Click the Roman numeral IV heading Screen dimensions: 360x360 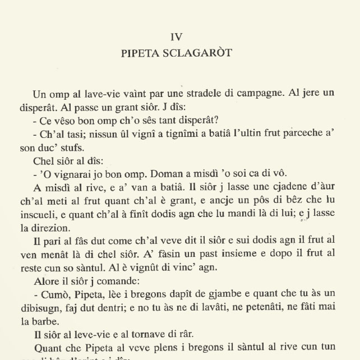[x=176, y=37]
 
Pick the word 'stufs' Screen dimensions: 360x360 [x=76, y=149]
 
